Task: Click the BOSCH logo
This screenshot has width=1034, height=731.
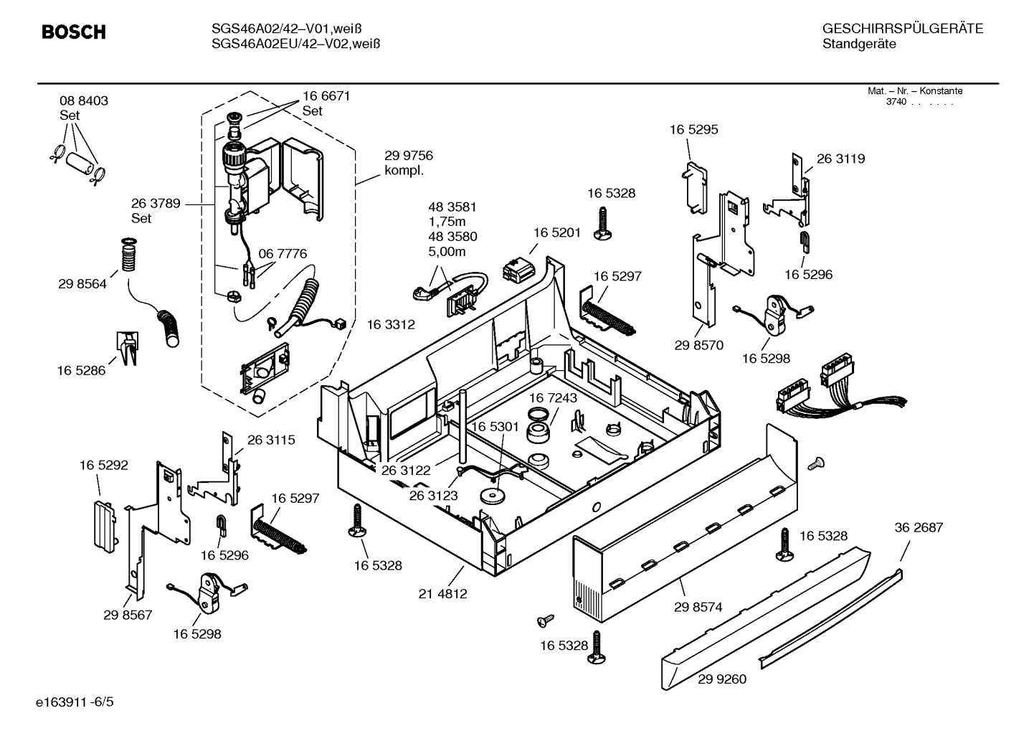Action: tap(74, 32)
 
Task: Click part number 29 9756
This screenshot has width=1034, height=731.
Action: tap(409, 156)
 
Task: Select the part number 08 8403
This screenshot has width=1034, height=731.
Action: tap(84, 101)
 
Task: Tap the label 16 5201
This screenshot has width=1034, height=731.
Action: tap(557, 232)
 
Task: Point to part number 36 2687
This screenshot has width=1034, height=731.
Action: tap(919, 527)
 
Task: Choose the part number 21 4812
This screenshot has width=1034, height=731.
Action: tap(443, 594)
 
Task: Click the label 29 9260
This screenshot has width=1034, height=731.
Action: tap(721, 679)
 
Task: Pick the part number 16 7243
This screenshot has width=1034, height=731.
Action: tap(554, 398)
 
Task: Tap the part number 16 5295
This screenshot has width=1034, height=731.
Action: tap(693, 130)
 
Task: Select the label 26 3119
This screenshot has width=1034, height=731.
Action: tap(840, 159)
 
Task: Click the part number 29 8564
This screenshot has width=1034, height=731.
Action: tap(82, 284)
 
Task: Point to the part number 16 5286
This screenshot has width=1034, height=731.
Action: tap(81, 371)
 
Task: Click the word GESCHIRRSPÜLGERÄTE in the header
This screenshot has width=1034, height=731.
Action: tap(902, 29)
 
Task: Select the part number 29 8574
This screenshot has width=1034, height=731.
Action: tap(698, 607)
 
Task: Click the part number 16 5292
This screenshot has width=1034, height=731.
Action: tap(104, 466)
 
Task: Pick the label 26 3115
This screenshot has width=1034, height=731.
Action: tap(271, 440)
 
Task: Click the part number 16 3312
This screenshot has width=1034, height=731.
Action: tap(391, 325)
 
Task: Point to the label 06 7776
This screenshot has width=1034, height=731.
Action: tap(283, 254)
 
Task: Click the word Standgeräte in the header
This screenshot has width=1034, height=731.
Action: tap(858, 44)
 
